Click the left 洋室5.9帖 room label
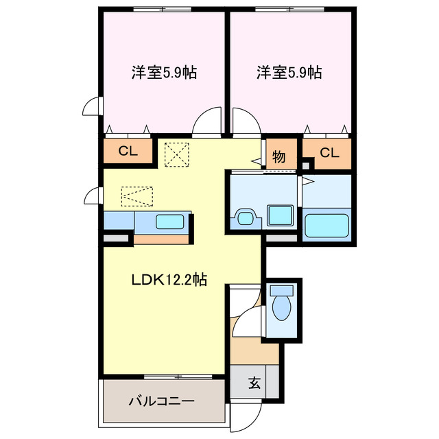164,72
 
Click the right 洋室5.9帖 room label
289,72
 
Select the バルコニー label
162,401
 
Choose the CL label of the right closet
329,153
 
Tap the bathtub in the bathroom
327,225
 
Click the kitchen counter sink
169,222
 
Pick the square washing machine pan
280,215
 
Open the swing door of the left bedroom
206,122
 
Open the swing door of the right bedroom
245,122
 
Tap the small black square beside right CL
307,165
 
